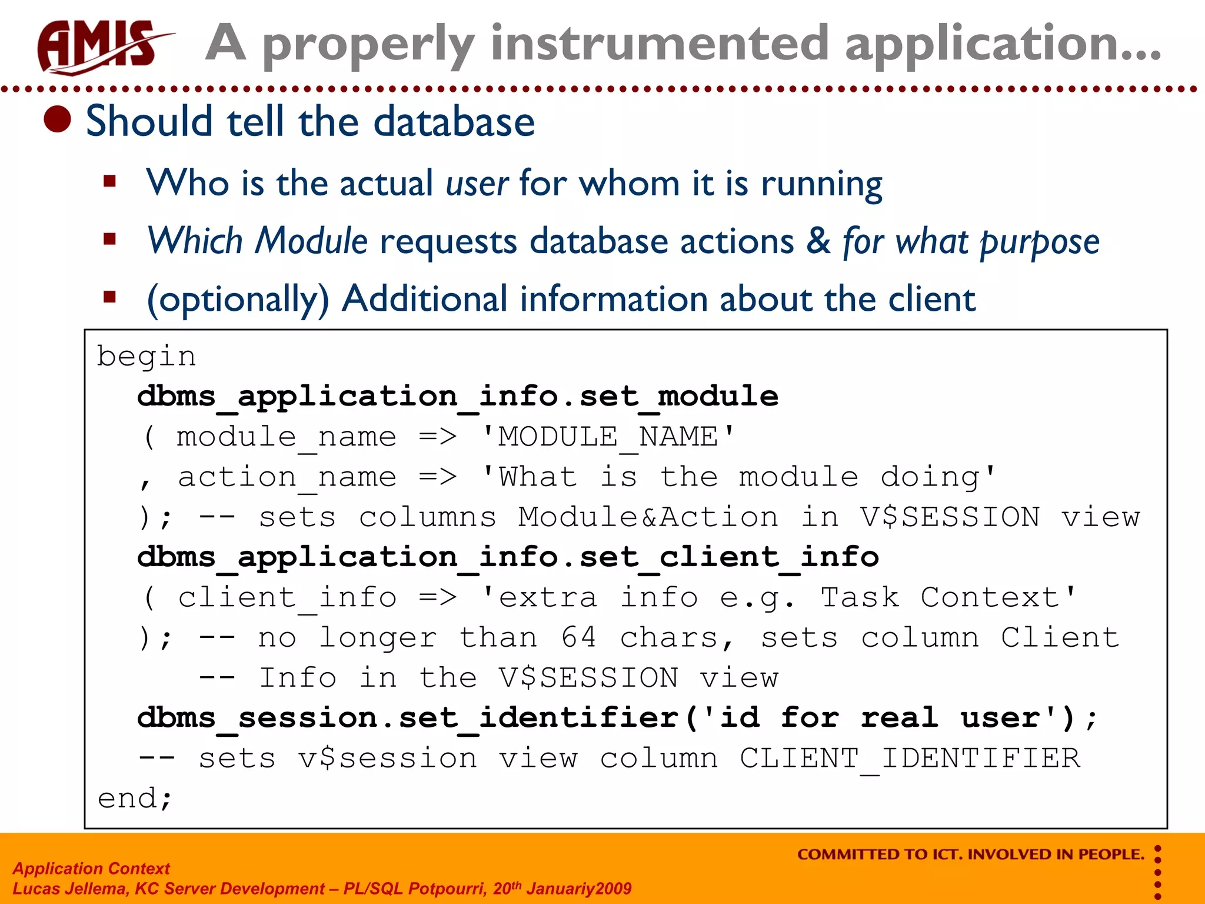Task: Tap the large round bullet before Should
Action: [58, 119]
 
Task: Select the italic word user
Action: [477, 183]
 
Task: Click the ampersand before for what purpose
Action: [818, 241]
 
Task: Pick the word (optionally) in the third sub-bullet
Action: [238, 299]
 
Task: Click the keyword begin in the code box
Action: [146, 357]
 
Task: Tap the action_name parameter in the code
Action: [287, 477]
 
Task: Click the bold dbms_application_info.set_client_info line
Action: [508, 557]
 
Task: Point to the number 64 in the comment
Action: [578, 638]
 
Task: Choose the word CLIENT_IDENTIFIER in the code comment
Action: [910, 758]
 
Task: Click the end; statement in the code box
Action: [135, 799]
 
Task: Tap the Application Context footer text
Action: [91, 868]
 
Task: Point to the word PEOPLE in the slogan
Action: [1111, 855]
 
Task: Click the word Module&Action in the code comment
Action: [648, 517]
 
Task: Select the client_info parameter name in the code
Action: [287, 598]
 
